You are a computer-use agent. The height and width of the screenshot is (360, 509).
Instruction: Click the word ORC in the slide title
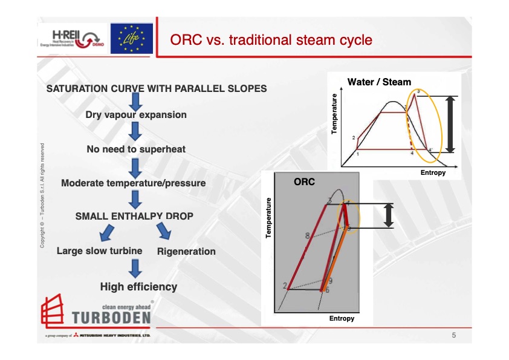pyautogui.click(x=184, y=41)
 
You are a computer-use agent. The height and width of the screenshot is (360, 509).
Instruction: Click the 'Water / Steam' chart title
pyautogui.click(x=379, y=82)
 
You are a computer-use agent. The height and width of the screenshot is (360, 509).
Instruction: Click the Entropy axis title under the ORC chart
pyautogui.click(x=342, y=318)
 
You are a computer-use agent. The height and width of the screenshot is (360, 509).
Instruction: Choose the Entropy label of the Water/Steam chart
pyautogui.click(x=433, y=172)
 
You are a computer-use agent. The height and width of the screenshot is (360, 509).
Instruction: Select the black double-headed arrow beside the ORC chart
pyautogui.click(x=389, y=215)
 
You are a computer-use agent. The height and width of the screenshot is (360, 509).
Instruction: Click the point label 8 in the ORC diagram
pyautogui.click(x=307, y=235)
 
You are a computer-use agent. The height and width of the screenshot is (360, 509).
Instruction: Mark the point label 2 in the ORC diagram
pyautogui.click(x=285, y=285)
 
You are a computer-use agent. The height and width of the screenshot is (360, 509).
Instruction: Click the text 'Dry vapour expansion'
pyautogui.click(x=136, y=114)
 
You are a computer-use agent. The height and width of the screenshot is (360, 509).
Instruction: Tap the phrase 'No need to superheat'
pyautogui.click(x=136, y=149)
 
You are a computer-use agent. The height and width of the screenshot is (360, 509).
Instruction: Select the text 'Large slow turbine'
pyautogui.click(x=99, y=250)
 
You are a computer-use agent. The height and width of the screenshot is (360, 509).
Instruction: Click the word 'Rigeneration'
pyautogui.click(x=186, y=251)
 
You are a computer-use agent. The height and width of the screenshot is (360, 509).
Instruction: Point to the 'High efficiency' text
pyautogui.click(x=139, y=287)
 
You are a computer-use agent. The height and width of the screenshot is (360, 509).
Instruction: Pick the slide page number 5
pyautogui.click(x=453, y=335)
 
